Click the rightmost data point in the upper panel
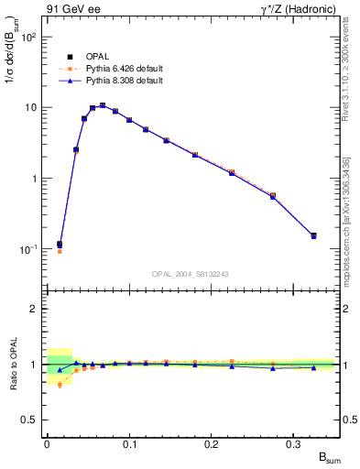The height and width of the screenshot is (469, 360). pos(313,235)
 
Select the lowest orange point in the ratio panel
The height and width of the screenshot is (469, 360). pos(60,385)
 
